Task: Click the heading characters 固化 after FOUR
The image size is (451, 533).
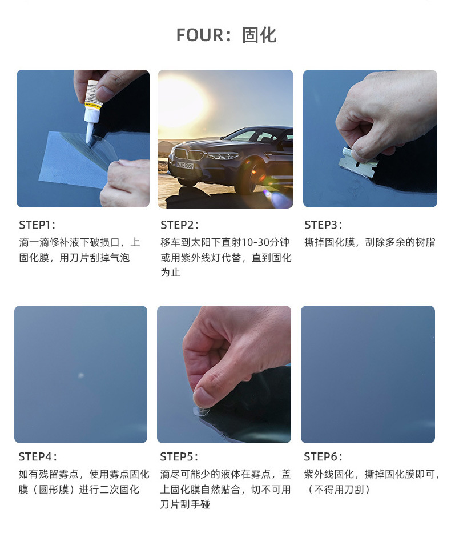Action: click(x=259, y=35)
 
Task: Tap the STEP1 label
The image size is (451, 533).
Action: click(x=37, y=225)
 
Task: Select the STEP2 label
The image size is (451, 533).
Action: click(x=179, y=225)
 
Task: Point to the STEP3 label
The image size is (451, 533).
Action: click(x=323, y=225)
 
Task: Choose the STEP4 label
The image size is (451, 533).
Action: click(x=37, y=456)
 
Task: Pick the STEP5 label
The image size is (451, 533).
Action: click(x=179, y=456)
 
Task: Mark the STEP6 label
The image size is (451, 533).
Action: click(x=323, y=456)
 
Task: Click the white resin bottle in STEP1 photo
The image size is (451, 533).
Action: click(x=93, y=111)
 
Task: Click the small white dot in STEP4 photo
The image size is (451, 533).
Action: click(x=80, y=375)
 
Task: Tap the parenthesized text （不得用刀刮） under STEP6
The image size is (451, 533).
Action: click(x=339, y=490)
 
